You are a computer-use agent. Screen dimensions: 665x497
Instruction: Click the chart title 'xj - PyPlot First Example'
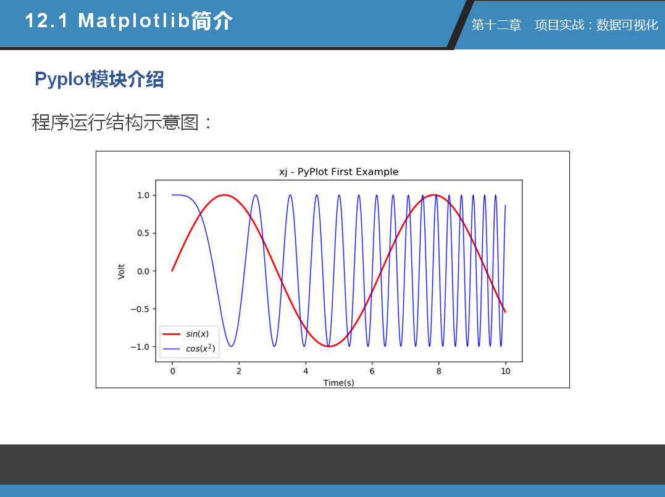pos(338,172)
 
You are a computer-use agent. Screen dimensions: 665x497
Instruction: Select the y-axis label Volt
pos(121,271)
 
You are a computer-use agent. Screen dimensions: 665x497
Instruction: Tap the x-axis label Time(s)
pos(338,383)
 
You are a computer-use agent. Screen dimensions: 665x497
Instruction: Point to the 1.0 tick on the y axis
pos(143,195)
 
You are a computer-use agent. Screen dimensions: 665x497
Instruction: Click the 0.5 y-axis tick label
pos(143,233)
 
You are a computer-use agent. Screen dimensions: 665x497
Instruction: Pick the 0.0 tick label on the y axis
pos(143,271)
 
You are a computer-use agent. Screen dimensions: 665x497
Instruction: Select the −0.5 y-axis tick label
pos(140,309)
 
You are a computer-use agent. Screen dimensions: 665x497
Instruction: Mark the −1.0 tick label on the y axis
pos(140,347)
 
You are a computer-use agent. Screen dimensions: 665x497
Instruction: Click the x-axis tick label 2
pos(239,372)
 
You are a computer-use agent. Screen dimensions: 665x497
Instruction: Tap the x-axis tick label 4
pos(306,372)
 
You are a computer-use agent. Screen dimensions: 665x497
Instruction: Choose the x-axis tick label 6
pos(372,372)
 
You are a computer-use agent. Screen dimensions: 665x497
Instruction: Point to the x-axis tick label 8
pos(439,372)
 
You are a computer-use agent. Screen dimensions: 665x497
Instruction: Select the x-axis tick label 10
pos(506,372)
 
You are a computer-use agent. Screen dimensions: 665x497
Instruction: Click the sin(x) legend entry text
pos(197,334)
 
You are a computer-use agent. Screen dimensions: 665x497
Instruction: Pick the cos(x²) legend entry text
pos(201,349)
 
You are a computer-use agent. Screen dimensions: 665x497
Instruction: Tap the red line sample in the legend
pos(171,334)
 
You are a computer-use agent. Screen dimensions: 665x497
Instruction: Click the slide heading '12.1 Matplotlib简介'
pos(129,21)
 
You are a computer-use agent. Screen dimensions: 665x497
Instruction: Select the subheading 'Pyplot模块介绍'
pos(99,79)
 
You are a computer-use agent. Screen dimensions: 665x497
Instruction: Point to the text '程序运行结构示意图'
pos(115,122)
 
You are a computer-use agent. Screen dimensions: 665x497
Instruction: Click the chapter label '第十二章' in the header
pos(496,25)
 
